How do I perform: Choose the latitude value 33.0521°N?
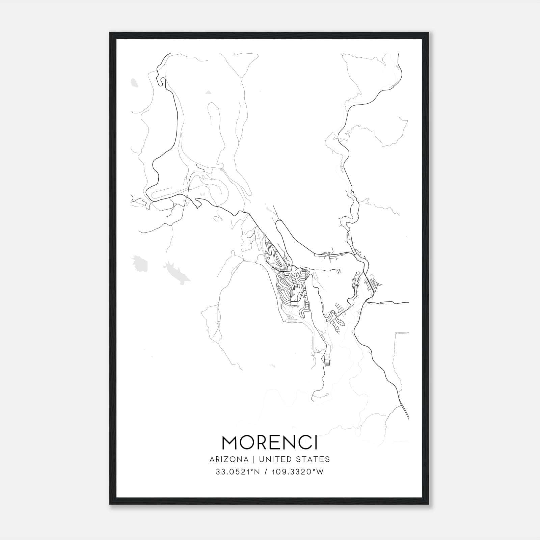coord(238,472)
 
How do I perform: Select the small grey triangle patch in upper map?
coord(208,92)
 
